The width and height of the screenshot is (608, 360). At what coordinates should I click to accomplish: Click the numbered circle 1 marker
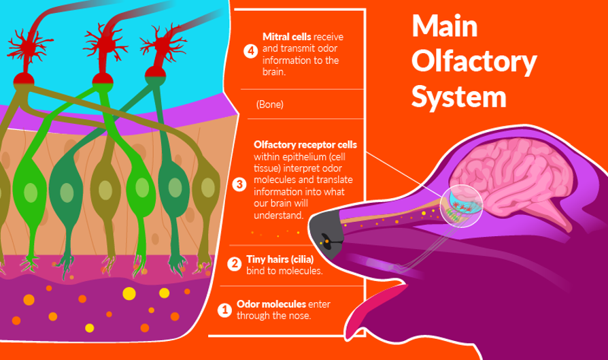pos(224,310)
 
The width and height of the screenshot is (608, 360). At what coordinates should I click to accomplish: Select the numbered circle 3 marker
pos(239,184)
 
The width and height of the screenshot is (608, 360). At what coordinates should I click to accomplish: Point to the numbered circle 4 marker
pos(251,52)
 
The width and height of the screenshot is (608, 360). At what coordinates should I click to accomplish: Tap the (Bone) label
pos(270,105)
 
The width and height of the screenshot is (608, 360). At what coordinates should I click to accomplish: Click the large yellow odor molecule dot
pos(128,294)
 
